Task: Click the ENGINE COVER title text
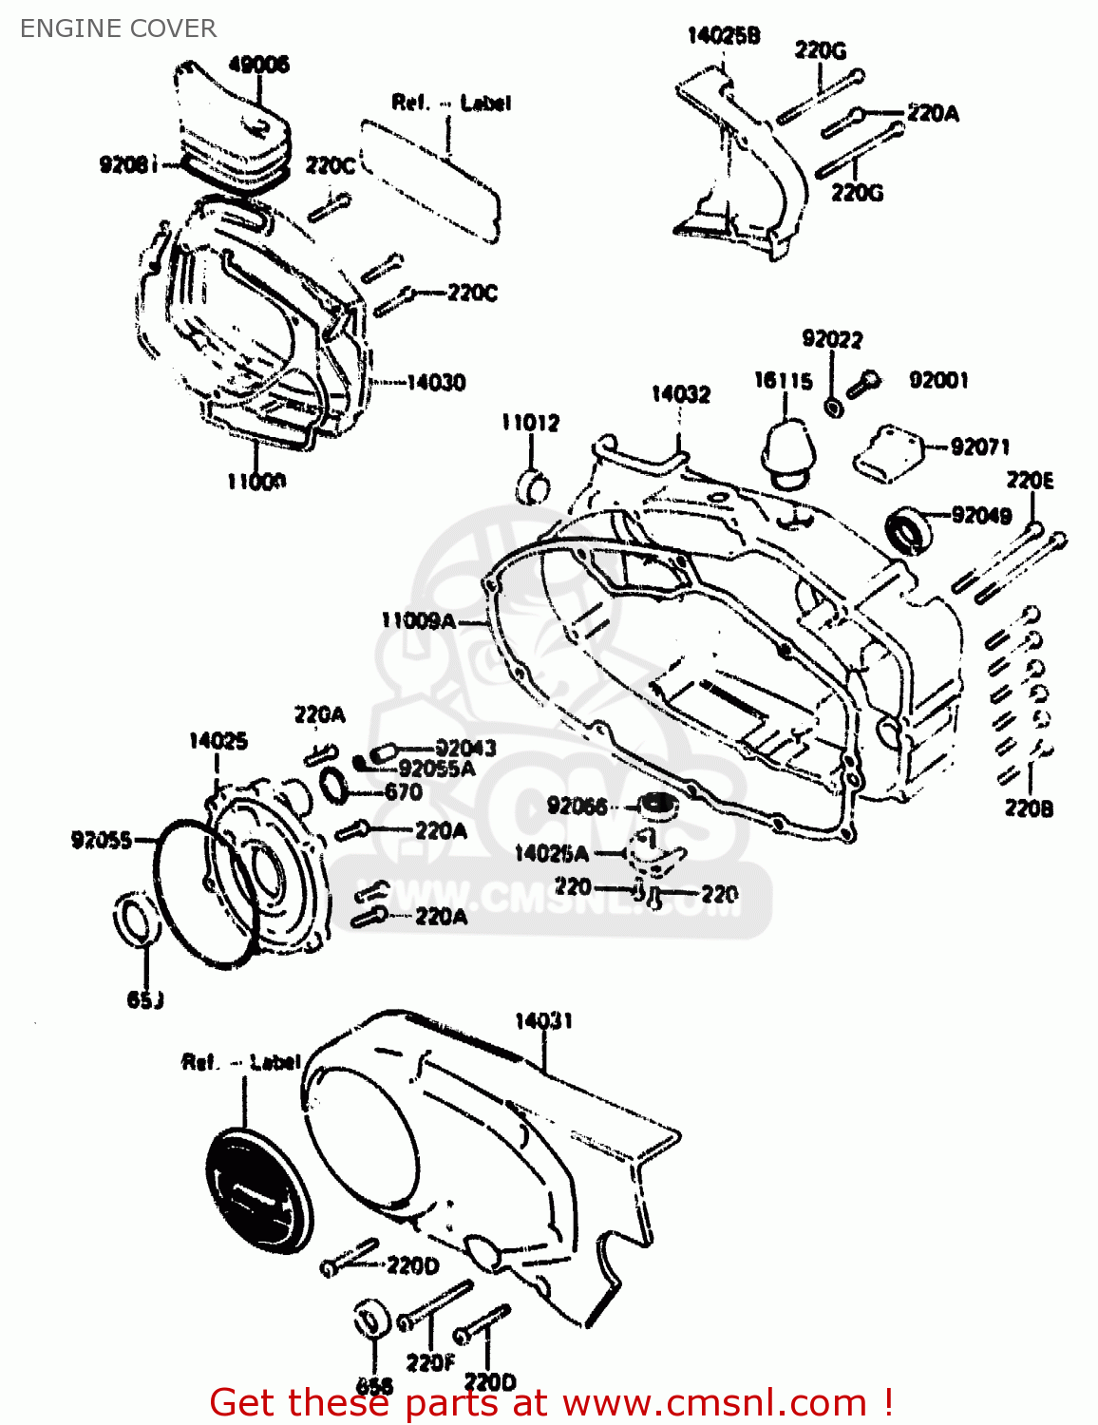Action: click(x=118, y=28)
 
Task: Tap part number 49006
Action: click(x=258, y=65)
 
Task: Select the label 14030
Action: click(x=436, y=383)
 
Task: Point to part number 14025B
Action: click(x=724, y=36)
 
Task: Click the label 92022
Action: click(x=832, y=339)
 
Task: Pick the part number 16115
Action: click(x=784, y=381)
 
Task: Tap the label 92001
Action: click(x=938, y=380)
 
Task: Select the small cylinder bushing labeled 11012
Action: click(x=532, y=486)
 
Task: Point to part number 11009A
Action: click(x=419, y=620)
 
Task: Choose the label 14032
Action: click(x=680, y=394)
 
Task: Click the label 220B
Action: click(x=1029, y=808)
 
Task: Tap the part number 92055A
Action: click(x=437, y=769)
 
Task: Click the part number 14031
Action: click(x=543, y=1020)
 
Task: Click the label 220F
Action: click(x=430, y=1363)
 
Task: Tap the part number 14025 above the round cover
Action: click(x=218, y=741)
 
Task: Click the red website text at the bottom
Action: click(x=551, y=1402)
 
